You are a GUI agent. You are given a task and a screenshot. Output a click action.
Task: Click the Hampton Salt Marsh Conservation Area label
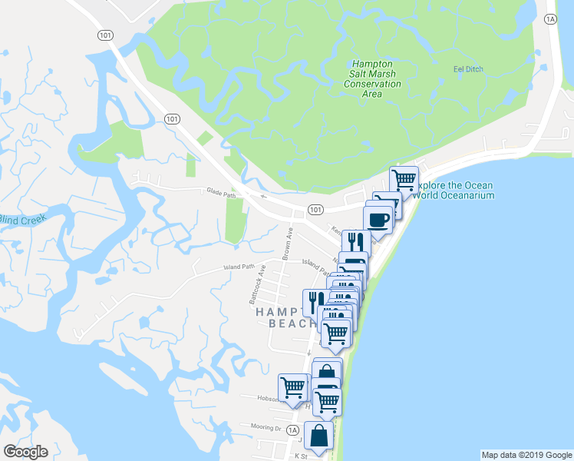(371, 78)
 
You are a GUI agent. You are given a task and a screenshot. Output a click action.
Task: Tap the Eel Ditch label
(467, 69)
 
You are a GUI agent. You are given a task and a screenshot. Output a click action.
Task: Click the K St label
(300, 455)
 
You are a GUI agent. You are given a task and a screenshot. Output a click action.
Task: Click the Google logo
(25, 452)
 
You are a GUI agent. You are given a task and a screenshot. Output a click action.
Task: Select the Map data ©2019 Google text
(526, 455)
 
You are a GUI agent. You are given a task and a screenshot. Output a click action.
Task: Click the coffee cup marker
(378, 219)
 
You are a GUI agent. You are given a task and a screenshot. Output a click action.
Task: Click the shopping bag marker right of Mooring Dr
(318, 436)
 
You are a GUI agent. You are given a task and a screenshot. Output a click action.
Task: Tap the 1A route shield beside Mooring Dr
(292, 432)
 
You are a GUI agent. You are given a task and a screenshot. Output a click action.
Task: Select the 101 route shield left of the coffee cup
(315, 209)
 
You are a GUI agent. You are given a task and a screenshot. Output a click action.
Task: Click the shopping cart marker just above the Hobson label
(293, 386)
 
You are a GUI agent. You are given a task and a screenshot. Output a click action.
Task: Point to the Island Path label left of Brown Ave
(238, 267)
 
